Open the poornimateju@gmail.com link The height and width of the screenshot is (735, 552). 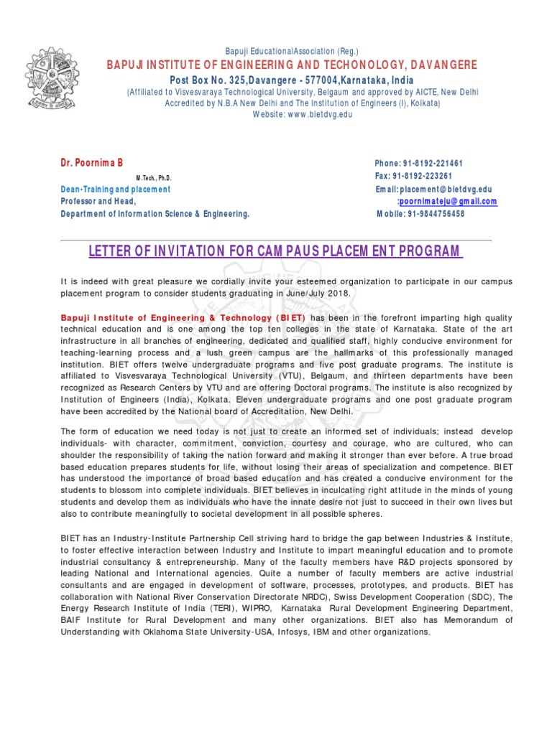[x=448, y=202]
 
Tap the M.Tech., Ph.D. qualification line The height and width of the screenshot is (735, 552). [x=153, y=178]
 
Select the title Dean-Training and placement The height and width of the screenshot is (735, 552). [x=116, y=189]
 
